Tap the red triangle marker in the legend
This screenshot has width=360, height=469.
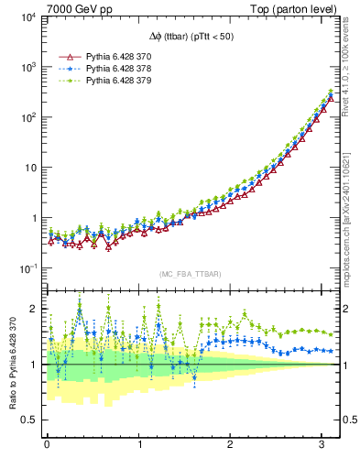(x=64, y=57)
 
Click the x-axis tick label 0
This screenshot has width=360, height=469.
(x=47, y=446)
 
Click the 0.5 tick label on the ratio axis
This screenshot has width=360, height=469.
(x=27, y=420)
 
